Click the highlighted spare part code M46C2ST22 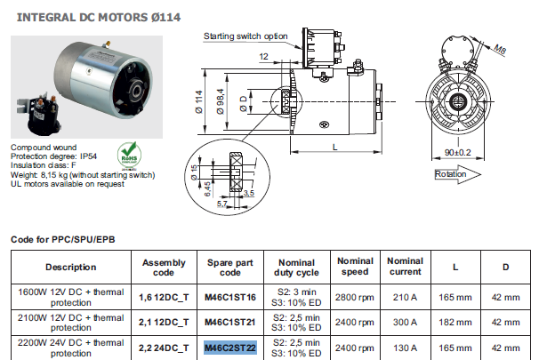(x=229, y=347)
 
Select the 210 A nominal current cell (x=405, y=296)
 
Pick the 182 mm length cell (x=455, y=322)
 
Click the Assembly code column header (x=164, y=267)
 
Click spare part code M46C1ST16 (x=229, y=296)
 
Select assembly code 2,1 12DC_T (x=164, y=322)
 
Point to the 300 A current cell (x=405, y=322)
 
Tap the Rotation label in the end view (x=450, y=175)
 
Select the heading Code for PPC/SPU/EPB (x=62, y=240)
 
